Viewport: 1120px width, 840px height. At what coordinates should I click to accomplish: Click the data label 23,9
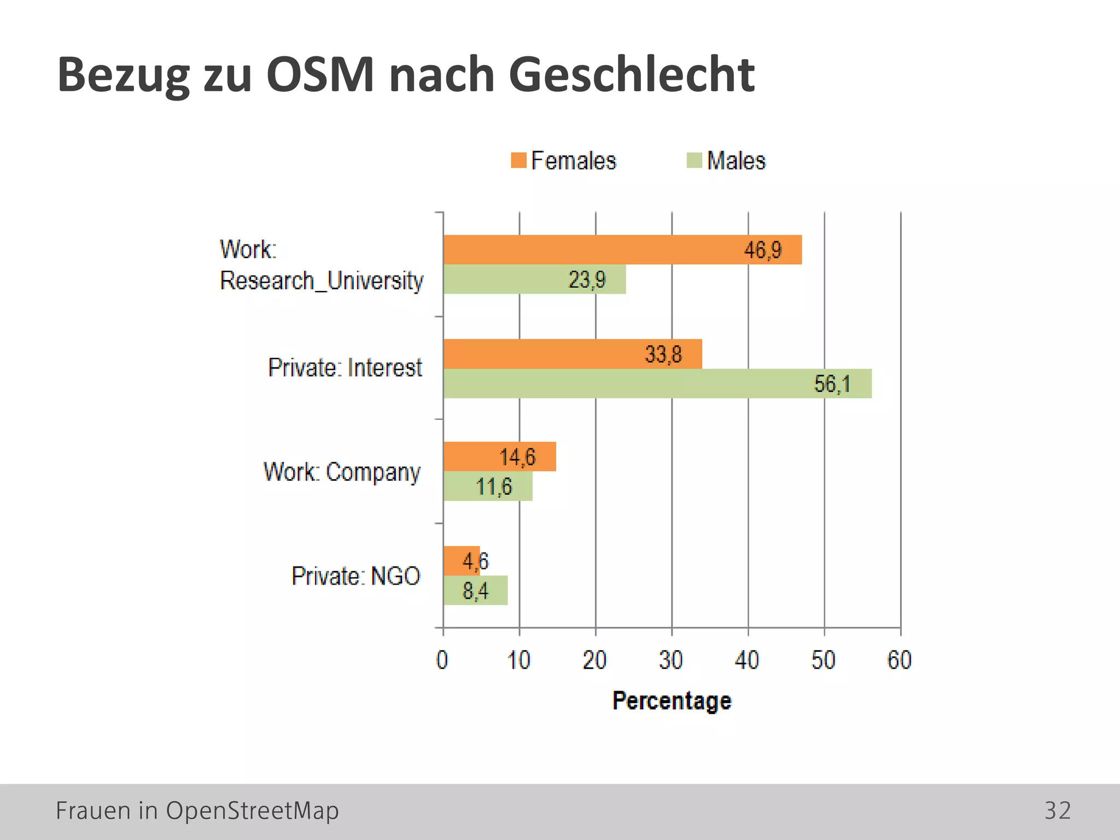(x=587, y=280)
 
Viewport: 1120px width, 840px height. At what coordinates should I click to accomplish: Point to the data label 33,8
(x=663, y=354)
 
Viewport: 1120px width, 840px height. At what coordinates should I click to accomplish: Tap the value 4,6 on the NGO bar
(x=475, y=561)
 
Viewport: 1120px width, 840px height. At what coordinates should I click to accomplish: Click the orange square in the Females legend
(x=518, y=160)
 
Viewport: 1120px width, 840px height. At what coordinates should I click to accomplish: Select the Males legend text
(x=736, y=161)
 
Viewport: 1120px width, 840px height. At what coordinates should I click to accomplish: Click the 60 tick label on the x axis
(x=899, y=660)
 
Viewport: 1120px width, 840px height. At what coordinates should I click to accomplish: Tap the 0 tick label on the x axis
(x=442, y=660)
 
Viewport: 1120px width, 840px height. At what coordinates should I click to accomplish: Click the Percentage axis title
(x=672, y=701)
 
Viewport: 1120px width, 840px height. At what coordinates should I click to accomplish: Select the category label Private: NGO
(x=355, y=576)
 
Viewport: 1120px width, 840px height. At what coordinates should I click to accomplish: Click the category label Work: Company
(x=342, y=471)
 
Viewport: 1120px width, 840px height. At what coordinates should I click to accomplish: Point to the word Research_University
(x=321, y=281)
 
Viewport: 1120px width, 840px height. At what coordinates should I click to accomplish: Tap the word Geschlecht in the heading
(x=632, y=75)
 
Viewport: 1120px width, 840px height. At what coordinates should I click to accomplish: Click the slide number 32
(x=1057, y=810)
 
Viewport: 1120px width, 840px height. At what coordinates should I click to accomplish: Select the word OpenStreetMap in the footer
(x=252, y=810)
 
